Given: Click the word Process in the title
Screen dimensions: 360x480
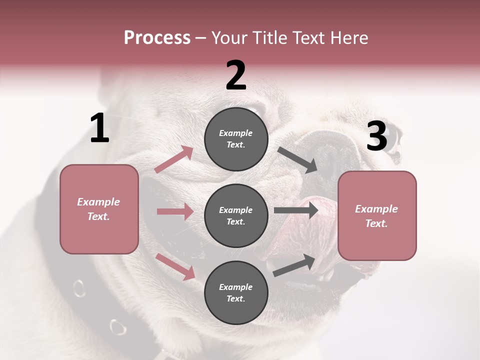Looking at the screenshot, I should [x=157, y=38].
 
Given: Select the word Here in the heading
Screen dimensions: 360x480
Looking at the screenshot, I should [x=348, y=38].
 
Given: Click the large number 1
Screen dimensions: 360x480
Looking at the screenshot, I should [x=99, y=128].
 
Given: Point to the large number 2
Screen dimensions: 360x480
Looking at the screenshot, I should [x=236, y=75].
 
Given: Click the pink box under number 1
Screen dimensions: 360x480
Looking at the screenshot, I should [x=99, y=209].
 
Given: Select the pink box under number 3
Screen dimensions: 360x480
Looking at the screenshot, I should [x=377, y=215].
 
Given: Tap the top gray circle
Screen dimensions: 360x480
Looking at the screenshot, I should [x=236, y=139].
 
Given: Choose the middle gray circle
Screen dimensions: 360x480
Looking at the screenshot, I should [x=236, y=215].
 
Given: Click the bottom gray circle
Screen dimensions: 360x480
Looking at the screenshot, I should [x=236, y=292].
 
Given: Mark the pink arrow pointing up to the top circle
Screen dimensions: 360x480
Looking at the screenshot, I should [x=174, y=159].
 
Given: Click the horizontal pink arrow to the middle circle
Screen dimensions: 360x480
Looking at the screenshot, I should [x=175, y=211].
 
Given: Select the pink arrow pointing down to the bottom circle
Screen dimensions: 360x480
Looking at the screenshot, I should [x=175, y=266].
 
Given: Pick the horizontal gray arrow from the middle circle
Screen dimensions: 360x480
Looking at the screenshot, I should [x=296, y=210].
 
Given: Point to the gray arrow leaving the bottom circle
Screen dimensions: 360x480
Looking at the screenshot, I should [x=294, y=265].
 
